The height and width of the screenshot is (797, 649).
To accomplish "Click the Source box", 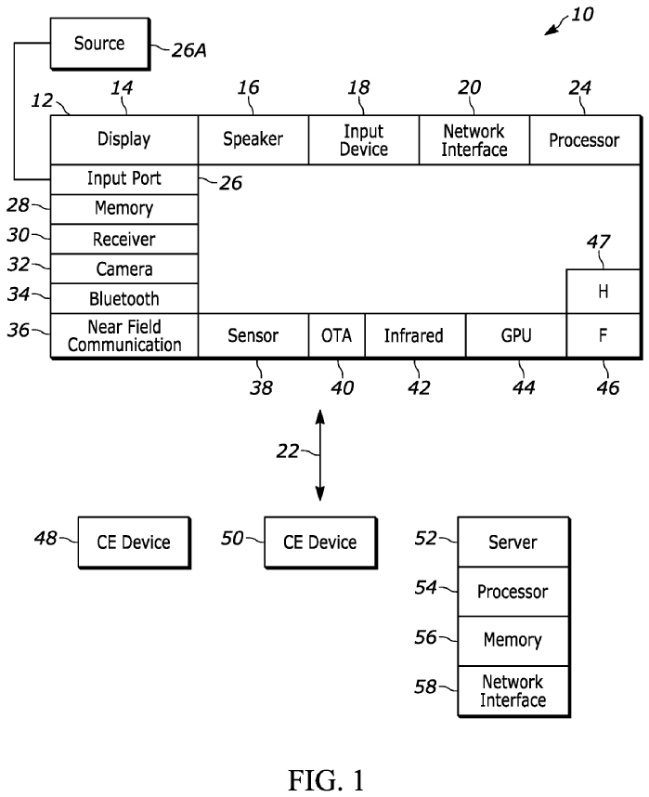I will pos(99,44).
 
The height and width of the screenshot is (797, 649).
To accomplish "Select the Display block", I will pos(123,140).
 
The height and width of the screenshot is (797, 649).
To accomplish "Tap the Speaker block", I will pos(253,140).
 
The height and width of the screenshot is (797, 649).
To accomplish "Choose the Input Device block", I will pos(363,140).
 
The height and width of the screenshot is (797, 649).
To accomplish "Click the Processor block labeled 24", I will pos(584,140).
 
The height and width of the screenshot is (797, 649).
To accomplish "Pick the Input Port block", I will pos(123,179).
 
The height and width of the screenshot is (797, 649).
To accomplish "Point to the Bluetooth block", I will pos(123,299).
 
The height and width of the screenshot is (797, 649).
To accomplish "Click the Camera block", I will pos(123,269).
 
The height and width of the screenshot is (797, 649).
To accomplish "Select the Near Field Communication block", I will pos(123,335).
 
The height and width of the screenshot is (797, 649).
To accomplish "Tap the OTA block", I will pos(336,335).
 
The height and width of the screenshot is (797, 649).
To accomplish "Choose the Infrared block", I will pos(414,335).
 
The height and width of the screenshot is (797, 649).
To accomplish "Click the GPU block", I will pos(515,335).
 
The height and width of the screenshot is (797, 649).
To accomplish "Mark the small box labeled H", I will pos(603,292).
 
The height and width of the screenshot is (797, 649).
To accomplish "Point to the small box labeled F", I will pos(603,335).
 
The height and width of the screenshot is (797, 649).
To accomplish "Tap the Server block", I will pos(513,542).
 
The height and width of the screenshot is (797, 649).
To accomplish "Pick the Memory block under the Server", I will pos(513,641).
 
